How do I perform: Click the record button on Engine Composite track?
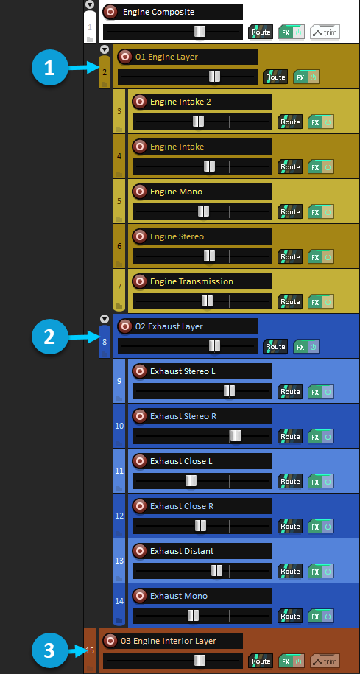coord(110,12)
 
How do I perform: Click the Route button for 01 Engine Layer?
coord(275,77)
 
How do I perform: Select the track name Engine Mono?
coord(176,192)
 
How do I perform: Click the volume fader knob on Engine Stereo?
coord(209,256)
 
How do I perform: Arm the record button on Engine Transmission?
coord(139,281)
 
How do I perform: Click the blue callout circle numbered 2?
coord(50,337)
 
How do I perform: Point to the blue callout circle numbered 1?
coord(50,68)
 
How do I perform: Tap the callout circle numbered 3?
coord(50,650)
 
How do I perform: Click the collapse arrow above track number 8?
coord(105,319)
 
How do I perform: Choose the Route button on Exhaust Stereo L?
coord(290,392)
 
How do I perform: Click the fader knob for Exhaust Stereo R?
coord(236,436)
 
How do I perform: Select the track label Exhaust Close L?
coord(181,461)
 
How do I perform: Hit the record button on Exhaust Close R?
coord(139,506)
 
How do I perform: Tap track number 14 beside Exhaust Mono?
coord(119,601)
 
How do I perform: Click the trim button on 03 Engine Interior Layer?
coord(325,661)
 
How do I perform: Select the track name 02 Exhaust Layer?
coord(169,326)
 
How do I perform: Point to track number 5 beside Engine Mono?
coord(119,201)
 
